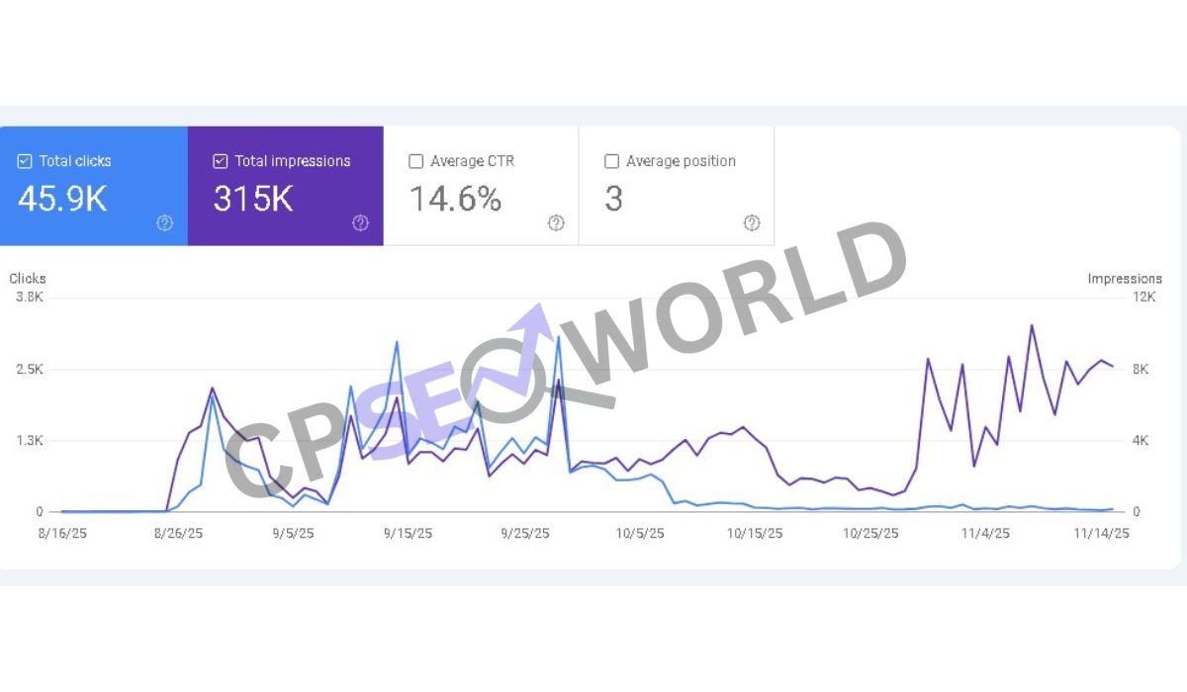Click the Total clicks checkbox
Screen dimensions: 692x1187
point(25,161)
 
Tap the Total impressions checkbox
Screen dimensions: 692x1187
point(221,161)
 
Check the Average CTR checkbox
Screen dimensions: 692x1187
point(416,161)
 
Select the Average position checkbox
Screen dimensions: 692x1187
point(611,161)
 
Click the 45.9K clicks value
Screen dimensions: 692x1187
point(62,199)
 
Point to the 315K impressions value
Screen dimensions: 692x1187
point(253,199)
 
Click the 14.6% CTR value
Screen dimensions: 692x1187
point(455,199)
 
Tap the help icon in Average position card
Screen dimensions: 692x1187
point(752,223)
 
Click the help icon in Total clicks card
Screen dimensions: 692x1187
point(164,223)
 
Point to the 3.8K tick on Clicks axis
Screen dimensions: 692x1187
point(30,298)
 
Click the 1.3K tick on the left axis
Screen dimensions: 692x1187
point(30,440)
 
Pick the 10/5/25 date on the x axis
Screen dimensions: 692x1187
point(639,533)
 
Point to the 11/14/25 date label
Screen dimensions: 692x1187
point(1102,533)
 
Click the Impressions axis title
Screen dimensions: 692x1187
point(1125,279)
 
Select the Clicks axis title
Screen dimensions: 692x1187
point(28,279)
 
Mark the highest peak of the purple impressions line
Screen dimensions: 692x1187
point(1032,325)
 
